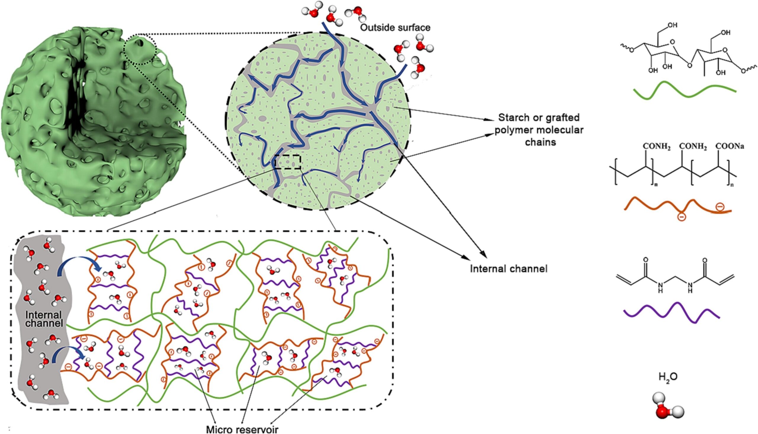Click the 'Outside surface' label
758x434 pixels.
coord(395,28)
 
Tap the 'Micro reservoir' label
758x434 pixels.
coord(242,429)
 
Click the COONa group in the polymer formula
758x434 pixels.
coord(730,146)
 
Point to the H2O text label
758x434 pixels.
coord(668,377)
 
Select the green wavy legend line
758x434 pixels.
coord(685,90)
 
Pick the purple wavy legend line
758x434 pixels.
coord(672,313)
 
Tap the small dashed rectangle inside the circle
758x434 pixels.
coord(287,162)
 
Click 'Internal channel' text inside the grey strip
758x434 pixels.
coord(44,319)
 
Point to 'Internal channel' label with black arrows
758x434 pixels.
coord(509,269)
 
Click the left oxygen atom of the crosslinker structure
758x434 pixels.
coord(645,260)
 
